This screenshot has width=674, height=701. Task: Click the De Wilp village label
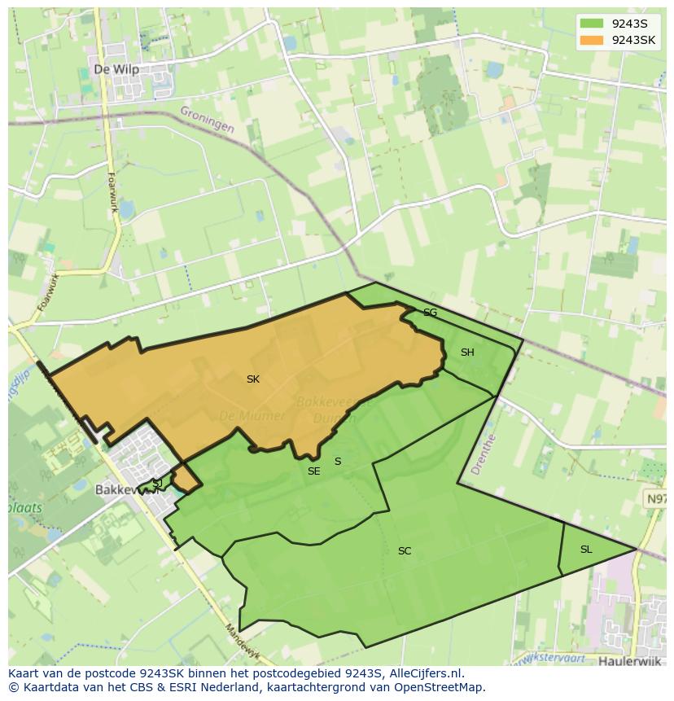pyautogui.click(x=116, y=70)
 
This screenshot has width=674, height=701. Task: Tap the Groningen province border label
pyautogui.click(x=207, y=120)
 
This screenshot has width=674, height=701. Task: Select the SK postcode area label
pyautogui.click(x=253, y=379)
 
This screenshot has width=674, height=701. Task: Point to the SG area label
pyautogui.click(x=430, y=313)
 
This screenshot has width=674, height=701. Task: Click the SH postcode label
pyautogui.click(x=467, y=353)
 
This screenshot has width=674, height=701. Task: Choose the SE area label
pyautogui.click(x=313, y=471)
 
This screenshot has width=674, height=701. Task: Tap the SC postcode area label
pyautogui.click(x=405, y=551)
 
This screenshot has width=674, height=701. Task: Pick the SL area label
pyautogui.click(x=586, y=550)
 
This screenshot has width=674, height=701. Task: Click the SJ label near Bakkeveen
pyautogui.click(x=157, y=484)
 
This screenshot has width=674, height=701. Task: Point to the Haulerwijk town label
pyautogui.click(x=632, y=661)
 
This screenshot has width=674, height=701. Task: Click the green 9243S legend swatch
pyautogui.click(x=592, y=24)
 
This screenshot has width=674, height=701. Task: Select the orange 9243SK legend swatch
pyautogui.click(x=592, y=40)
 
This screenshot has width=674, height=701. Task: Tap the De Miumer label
pyautogui.click(x=252, y=416)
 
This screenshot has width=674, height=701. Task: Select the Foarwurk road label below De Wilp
pyautogui.click(x=113, y=192)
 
